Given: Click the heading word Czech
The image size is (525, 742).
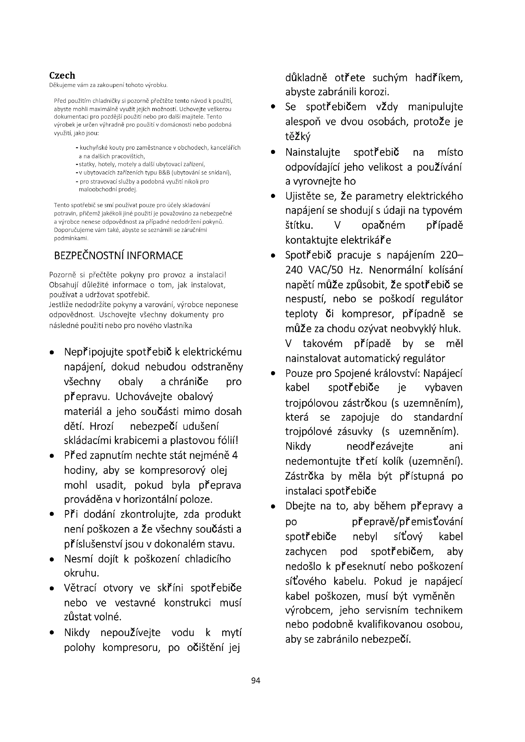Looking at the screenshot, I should point(62,75).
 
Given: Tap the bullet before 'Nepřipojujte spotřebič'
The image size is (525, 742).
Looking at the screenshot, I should point(52,353).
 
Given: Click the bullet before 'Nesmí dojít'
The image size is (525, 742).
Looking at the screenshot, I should point(52,560).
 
